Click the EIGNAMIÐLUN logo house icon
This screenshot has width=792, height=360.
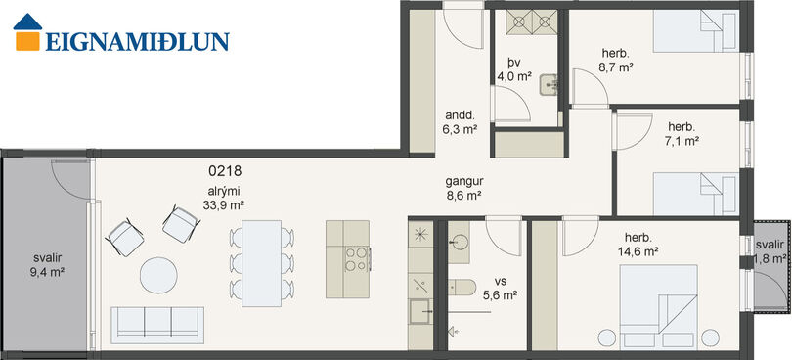27,32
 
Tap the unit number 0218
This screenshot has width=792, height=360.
225,171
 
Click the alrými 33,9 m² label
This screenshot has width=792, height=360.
223,198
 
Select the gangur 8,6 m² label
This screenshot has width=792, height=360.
462,188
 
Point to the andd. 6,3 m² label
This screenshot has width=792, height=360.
461,122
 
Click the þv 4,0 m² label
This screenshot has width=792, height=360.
514,69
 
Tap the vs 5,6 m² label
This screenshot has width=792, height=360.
500,289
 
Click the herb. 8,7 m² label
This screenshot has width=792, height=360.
616,61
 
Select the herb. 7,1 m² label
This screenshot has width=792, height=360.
682,133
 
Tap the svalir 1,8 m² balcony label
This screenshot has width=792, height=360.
770,252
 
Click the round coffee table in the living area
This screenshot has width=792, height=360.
158,275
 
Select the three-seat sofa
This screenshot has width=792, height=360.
157,325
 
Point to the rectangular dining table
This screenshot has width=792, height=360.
262,263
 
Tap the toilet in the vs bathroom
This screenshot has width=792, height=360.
462,288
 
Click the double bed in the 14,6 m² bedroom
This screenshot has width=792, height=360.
659,299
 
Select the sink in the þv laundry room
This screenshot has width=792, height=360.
549,85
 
